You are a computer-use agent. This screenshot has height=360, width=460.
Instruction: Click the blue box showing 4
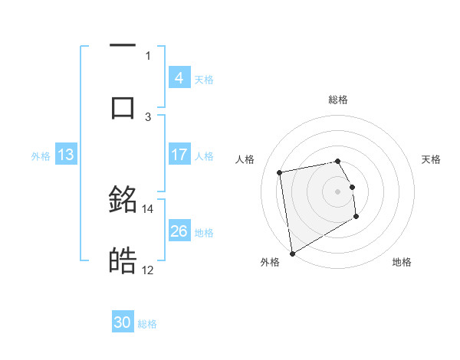[x=179, y=78]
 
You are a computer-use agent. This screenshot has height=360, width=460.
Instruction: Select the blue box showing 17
[x=179, y=155]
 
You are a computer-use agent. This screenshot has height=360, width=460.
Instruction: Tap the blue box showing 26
[x=179, y=231]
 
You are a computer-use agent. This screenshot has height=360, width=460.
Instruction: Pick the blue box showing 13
[x=66, y=155]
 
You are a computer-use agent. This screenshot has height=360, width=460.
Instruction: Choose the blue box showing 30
[x=123, y=322]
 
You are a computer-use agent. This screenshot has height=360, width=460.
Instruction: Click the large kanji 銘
[x=123, y=199]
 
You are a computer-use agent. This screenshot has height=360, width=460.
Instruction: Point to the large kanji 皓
[x=123, y=261]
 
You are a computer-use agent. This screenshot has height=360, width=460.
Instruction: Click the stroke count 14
[x=148, y=208]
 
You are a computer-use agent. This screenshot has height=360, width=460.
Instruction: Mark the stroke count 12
[x=148, y=270]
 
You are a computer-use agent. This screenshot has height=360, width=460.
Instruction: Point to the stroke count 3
[x=148, y=116]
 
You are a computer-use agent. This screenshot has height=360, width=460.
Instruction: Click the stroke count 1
[x=148, y=55]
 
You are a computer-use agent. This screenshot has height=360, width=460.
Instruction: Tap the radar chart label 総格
[x=338, y=100]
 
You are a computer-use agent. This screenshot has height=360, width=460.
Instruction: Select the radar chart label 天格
[x=432, y=159]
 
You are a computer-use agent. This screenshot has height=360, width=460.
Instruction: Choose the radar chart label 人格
[x=245, y=159]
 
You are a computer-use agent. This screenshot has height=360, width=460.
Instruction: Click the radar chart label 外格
[x=269, y=263]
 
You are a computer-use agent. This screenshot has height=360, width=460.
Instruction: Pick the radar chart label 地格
[x=402, y=263]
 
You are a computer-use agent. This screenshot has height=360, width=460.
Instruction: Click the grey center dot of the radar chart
[x=338, y=191]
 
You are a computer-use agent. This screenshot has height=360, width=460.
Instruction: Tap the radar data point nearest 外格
[x=292, y=253]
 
